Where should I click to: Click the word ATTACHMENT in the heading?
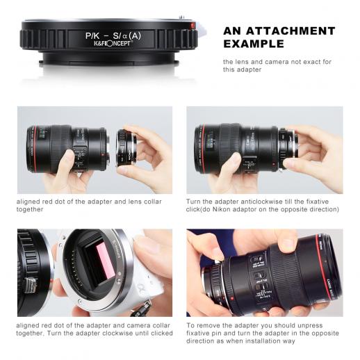pyautogui.click(x=291, y=31)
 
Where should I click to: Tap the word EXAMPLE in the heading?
pyautogui.click(x=254, y=44)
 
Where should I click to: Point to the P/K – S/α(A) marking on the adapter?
pyautogui.click(x=113, y=35)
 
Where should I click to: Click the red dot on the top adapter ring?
pyautogui.click(x=193, y=25)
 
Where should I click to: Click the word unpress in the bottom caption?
pyautogui.click(x=310, y=325)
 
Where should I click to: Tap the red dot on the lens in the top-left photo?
pyautogui.click(x=101, y=154)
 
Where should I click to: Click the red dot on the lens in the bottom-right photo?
pyautogui.click(x=232, y=299)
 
